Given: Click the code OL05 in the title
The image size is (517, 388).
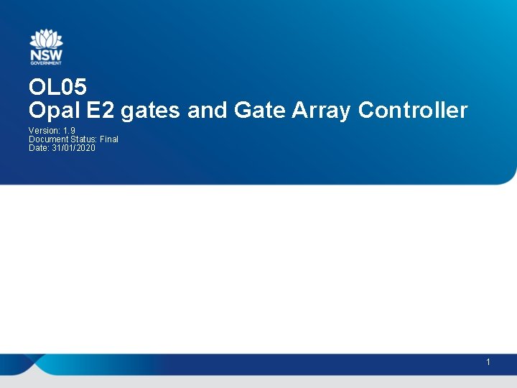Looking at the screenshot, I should (57, 88).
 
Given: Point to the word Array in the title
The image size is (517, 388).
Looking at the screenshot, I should (322, 111).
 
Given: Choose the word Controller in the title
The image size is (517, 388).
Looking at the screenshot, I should (413, 111).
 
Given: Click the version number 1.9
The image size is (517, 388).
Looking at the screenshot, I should (70, 131).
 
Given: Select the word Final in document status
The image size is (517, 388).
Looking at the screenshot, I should (108, 139).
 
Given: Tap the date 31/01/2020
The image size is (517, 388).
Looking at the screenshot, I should (73, 147).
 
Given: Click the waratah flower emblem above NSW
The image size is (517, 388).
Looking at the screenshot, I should (46, 39).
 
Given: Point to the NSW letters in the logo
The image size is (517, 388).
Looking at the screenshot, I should (46, 55).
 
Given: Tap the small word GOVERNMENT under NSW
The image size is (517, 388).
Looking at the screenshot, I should (46, 63).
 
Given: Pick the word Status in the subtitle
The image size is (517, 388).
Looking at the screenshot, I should (82, 139).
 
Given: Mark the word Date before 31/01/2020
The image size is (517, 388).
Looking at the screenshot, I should (38, 147).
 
